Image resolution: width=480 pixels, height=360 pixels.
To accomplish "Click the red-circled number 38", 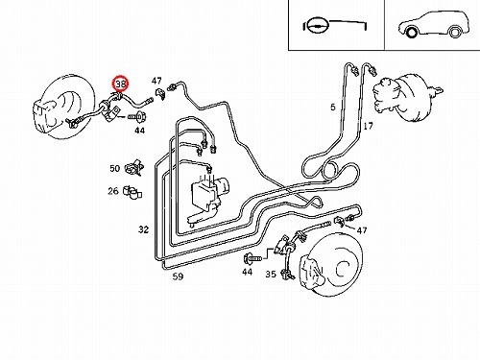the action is tap(121, 84).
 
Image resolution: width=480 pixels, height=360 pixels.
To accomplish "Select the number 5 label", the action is tap(333, 107).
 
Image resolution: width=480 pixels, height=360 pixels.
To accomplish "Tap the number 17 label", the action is tap(368, 126).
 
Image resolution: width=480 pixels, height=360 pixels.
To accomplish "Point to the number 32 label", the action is tap(144, 229).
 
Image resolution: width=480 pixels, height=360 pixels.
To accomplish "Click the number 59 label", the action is tap(178, 276).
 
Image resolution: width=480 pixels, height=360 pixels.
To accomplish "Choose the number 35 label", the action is tap(271, 274).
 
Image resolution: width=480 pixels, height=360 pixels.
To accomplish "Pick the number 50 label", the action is tap(114, 168).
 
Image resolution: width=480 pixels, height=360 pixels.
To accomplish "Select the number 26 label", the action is tap(113, 191).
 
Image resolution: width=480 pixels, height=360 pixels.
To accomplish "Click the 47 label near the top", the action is tap(156, 81).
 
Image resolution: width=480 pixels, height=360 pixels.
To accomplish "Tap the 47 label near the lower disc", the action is tap(362, 230).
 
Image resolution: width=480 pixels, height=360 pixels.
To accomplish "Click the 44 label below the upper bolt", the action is tap(139, 131).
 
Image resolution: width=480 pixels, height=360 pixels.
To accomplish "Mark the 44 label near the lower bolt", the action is tap(247, 272).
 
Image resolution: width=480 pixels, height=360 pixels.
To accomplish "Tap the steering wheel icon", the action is tap(317, 25).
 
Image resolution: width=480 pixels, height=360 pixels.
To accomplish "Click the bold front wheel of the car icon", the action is tap(412, 33).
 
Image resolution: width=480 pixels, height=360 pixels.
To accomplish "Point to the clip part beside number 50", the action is tap(134, 168).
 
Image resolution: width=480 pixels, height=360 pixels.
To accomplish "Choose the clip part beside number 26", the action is tap(133, 191).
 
